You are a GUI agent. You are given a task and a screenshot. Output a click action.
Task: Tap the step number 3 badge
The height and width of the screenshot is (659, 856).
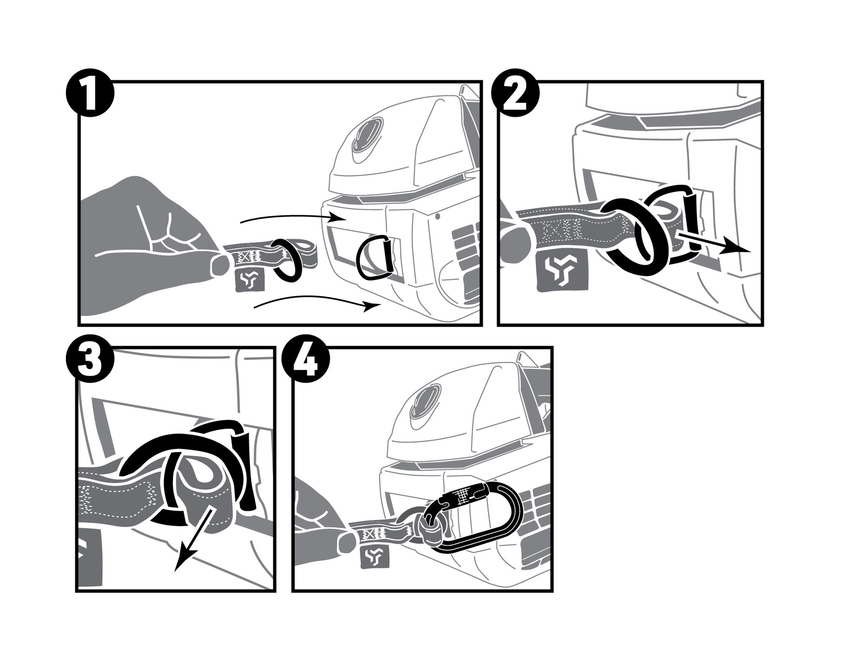pyautogui.click(x=90, y=361)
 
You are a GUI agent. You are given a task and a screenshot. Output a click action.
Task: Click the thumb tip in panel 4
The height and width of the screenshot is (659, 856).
pyautogui.click(x=347, y=543)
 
